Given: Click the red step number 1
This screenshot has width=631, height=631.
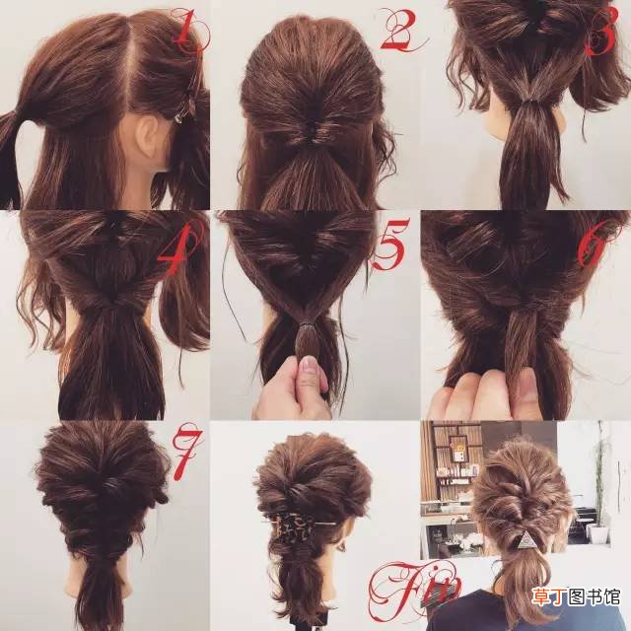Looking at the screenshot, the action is pos(189,31).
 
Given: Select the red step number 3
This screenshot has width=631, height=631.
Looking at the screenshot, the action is pos(602,32).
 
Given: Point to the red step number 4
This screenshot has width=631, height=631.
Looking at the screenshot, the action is pos(180,246).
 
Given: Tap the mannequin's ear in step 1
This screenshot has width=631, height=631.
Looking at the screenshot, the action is pos(147,139).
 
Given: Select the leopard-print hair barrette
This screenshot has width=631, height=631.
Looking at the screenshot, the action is pos(293,527).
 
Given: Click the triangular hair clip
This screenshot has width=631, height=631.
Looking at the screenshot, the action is pos(525,539).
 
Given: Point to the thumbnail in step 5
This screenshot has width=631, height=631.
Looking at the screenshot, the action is pos(309,365).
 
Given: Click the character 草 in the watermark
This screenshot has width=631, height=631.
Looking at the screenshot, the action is pos(541,596).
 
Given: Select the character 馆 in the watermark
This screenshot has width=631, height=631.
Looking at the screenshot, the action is pos(610,596).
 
